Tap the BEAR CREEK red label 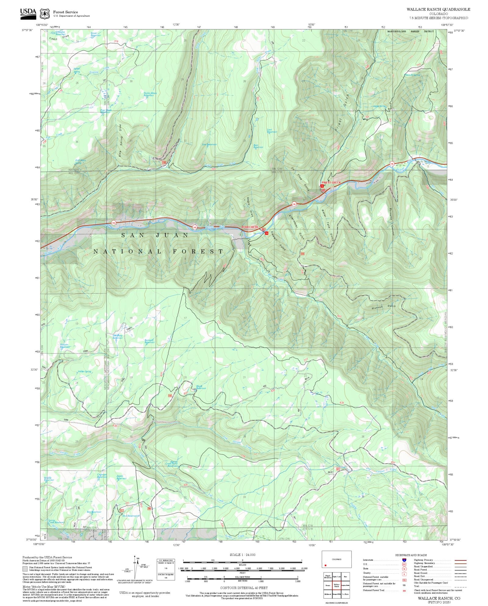point(250,227)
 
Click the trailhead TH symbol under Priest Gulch point(322,186)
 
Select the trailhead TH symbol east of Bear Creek point(266,233)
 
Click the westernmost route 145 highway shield point(113,223)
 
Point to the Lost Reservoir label point(272,131)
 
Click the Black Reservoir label point(201,387)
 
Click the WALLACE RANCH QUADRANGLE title point(438,9)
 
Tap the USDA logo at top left point(28,14)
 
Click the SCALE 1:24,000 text point(242,555)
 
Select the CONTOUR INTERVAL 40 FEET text point(244,588)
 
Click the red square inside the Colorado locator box point(326,565)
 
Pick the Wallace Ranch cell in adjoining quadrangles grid point(336,586)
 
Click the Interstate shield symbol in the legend point(404,560)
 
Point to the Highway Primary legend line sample point(460,561)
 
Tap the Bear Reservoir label point(258,146)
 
